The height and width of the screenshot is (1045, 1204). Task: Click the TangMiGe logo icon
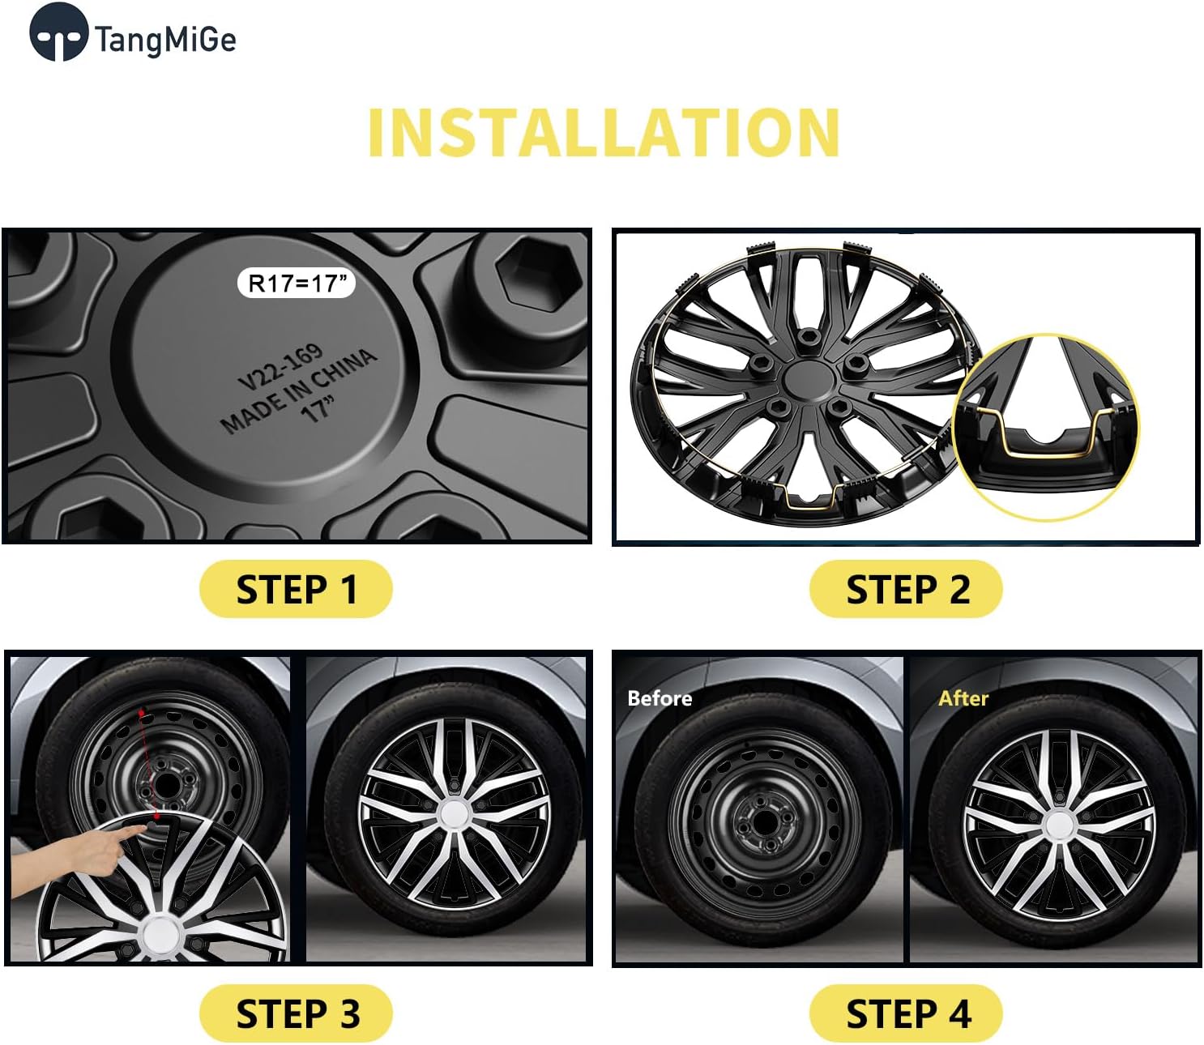[x=58, y=33]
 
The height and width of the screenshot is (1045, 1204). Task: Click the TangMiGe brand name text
[x=165, y=40]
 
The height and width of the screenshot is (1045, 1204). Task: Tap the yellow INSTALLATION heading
[x=603, y=133]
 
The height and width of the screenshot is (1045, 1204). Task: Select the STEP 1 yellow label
[x=296, y=589]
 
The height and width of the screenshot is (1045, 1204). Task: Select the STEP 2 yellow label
[x=906, y=589]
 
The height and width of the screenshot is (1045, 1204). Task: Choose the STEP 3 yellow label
[x=296, y=1013]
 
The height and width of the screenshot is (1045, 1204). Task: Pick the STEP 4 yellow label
[x=906, y=1013]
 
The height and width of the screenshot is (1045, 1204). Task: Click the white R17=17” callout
[x=297, y=284]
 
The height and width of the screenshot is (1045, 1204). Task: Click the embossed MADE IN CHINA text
[x=298, y=391]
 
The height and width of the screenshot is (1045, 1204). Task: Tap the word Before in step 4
[x=660, y=698]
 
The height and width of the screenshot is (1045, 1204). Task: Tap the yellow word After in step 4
[x=963, y=698]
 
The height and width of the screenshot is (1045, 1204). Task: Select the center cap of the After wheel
[x=1057, y=826]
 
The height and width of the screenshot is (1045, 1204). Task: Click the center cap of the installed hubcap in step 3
[x=453, y=814]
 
